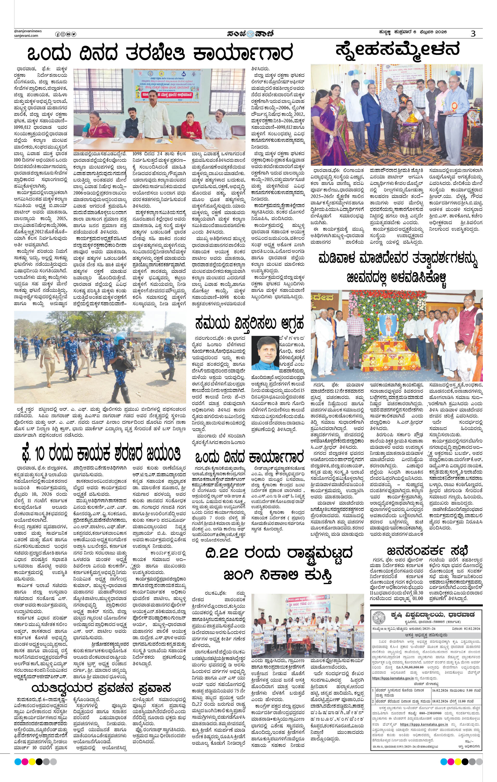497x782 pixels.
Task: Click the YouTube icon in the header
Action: (x=69, y=34)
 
